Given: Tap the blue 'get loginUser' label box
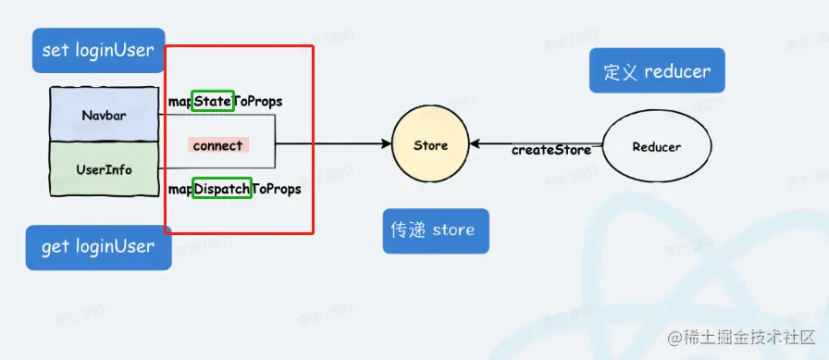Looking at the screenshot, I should point(98,247).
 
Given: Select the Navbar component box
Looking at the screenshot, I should point(104,116).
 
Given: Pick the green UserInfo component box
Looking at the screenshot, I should point(104,169).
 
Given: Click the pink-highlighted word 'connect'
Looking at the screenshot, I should point(217,145).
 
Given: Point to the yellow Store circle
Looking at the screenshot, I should point(430,145).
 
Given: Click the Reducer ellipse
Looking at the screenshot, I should point(656,146).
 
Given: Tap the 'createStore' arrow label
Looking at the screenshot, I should point(551,150).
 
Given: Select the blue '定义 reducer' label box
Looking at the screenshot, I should point(656,72).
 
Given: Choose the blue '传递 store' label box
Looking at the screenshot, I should point(436,230).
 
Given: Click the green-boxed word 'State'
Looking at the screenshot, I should point(213,100).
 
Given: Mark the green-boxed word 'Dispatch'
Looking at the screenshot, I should point(222,189).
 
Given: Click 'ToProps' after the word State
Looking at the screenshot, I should point(258,100).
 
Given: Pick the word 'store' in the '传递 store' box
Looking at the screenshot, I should point(452,230).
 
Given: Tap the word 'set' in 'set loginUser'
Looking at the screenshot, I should point(56,50).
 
